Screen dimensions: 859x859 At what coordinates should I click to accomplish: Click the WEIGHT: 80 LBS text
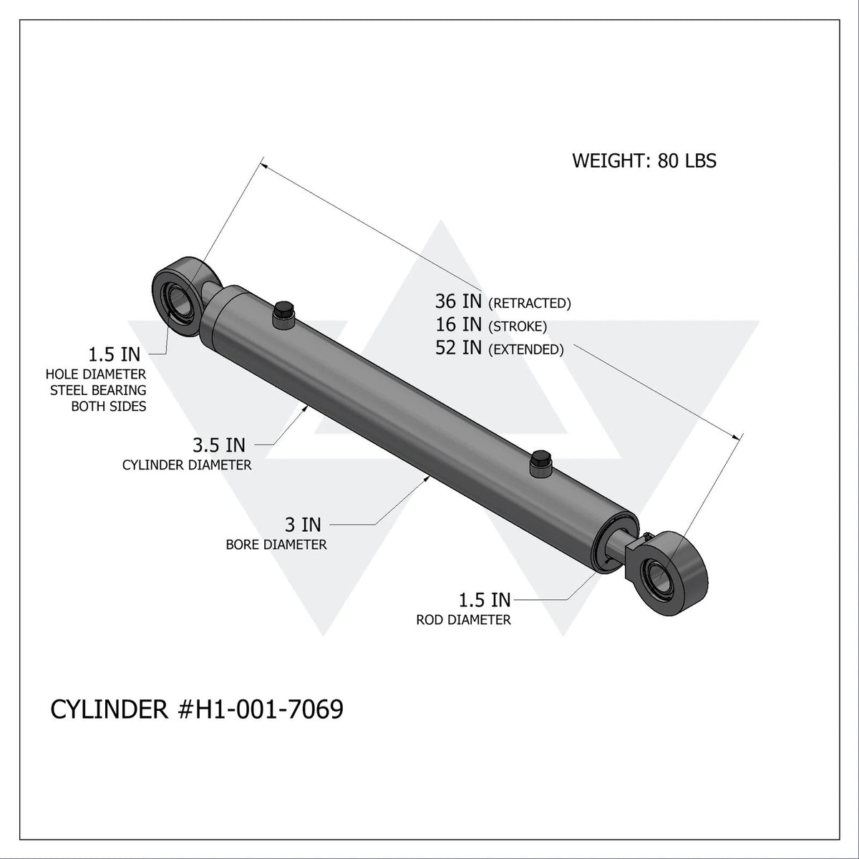(x=644, y=160)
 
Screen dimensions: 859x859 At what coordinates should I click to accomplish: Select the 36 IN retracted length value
(x=459, y=301)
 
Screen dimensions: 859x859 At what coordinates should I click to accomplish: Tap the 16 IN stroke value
(x=459, y=325)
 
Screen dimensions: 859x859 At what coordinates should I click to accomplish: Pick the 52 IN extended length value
(x=459, y=348)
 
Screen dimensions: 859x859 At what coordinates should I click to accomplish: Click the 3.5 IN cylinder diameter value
(x=218, y=445)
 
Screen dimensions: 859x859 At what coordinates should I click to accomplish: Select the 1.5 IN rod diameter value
(x=485, y=599)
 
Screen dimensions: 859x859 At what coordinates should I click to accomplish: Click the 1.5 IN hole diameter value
(x=115, y=354)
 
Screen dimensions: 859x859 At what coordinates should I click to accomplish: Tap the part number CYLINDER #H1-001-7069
(x=197, y=709)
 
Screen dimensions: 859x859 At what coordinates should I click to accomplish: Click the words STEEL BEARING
(x=97, y=390)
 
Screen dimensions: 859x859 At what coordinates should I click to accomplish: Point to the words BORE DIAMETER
(x=276, y=545)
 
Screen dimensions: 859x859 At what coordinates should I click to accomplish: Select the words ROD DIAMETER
(x=463, y=620)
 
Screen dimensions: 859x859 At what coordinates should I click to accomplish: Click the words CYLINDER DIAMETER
(x=187, y=465)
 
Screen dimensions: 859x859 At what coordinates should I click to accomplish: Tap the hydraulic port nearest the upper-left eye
(x=283, y=314)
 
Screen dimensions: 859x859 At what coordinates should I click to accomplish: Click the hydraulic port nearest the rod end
(x=540, y=464)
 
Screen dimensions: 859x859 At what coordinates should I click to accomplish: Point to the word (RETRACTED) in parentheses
(x=529, y=304)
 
